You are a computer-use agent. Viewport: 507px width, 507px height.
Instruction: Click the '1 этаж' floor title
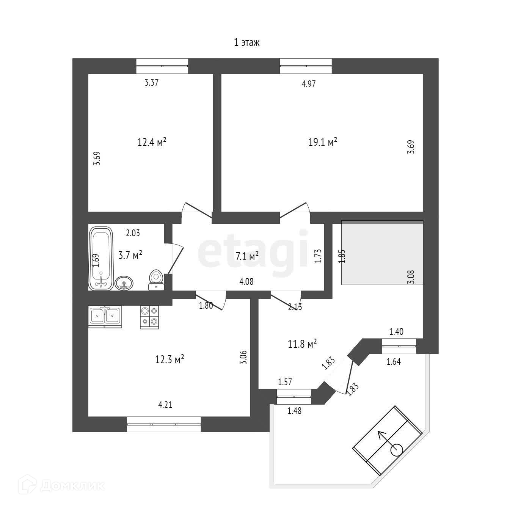pyautogui.click(x=246, y=42)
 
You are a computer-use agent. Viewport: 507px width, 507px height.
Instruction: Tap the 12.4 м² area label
pyautogui.click(x=152, y=143)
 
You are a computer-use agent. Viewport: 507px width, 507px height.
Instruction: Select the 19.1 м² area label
pyautogui.click(x=323, y=143)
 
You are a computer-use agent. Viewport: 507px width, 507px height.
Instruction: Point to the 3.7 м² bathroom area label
pyautogui.click(x=130, y=255)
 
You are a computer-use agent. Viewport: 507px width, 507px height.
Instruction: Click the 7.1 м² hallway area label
pyautogui.click(x=247, y=256)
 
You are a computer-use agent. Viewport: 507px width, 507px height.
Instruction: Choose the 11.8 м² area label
pyautogui.click(x=302, y=344)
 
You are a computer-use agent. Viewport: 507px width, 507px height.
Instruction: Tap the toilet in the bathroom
pyautogui.click(x=156, y=279)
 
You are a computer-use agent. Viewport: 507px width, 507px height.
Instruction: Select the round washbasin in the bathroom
pyautogui.click(x=124, y=283)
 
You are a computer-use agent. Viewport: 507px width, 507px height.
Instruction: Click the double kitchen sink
pyautogui.click(x=105, y=316)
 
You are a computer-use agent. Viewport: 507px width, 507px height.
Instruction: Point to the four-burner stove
pyautogui.click(x=149, y=317)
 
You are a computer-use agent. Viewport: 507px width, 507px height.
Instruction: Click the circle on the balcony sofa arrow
pyautogui.click(x=397, y=450)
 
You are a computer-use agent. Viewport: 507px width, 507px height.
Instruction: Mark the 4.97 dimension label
pyautogui.click(x=308, y=84)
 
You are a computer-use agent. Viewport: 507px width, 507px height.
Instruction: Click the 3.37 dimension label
pyautogui.click(x=152, y=83)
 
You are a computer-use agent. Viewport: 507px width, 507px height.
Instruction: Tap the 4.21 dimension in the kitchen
pyautogui.click(x=165, y=405)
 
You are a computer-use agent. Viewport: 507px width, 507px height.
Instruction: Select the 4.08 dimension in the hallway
pyautogui.click(x=246, y=282)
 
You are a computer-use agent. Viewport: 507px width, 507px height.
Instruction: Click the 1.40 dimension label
pyautogui.click(x=396, y=332)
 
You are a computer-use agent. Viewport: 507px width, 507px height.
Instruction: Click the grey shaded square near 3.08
pyautogui.click(x=382, y=252)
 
